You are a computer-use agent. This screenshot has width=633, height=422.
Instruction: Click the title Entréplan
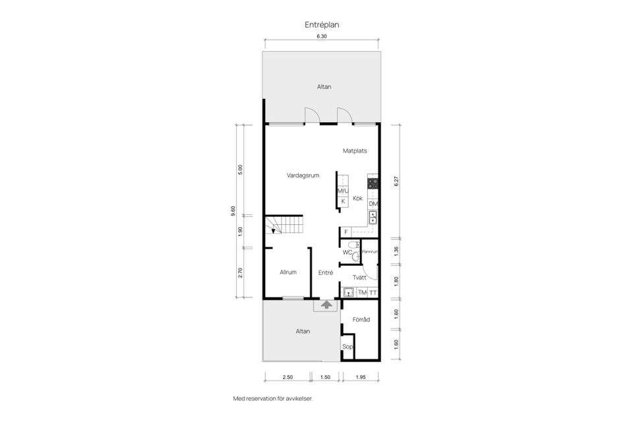point(322,24)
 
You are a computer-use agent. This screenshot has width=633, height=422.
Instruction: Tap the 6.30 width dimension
point(322,37)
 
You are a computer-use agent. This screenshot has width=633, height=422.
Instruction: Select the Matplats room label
point(354,151)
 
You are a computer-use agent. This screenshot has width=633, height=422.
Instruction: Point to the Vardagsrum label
point(303,175)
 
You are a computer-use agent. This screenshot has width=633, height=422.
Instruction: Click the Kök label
point(358,198)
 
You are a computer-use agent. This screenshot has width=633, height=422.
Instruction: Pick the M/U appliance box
point(343,191)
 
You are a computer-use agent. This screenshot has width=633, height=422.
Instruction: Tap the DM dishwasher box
point(373,204)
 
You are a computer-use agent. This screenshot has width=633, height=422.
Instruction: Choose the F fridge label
point(346,232)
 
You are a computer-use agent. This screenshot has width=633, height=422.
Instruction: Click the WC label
point(347,253)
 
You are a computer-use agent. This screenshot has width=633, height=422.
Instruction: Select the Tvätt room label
point(359,278)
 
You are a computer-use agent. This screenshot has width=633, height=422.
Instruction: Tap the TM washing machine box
point(362,293)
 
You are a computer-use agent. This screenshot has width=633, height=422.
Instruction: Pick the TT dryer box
point(373,293)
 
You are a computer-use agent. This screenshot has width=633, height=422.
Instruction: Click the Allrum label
point(288,272)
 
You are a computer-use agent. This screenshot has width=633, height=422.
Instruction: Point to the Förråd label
point(361,320)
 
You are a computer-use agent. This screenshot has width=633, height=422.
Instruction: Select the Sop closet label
point(347,346)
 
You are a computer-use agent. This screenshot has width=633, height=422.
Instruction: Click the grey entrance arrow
point(325,304)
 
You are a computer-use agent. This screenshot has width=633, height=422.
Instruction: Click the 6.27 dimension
point(396,181)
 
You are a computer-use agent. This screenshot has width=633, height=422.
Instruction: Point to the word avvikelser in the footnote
point(297,399)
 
